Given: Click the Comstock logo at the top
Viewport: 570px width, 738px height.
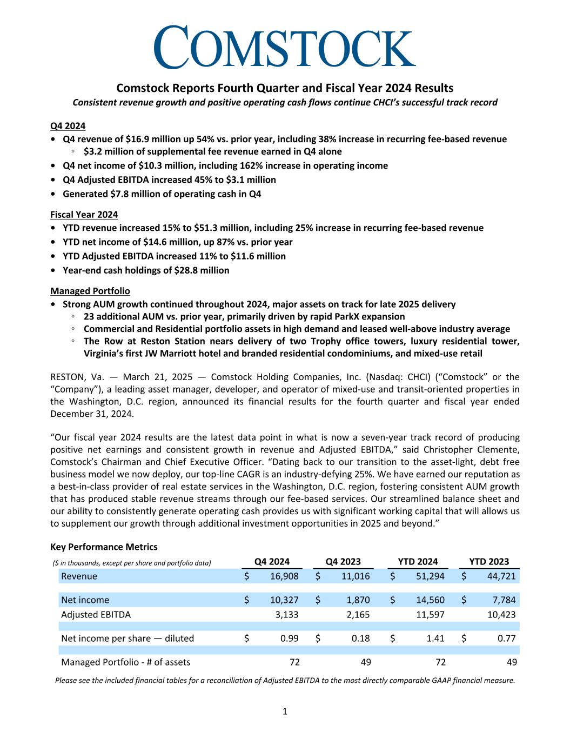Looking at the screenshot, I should tap(285, 48).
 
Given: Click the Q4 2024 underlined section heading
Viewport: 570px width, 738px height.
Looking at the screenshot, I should tap(68, 126).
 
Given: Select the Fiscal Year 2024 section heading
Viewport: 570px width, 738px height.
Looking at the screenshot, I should tap(84, 215).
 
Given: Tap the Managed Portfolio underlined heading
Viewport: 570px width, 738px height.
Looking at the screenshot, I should tap(90, 291).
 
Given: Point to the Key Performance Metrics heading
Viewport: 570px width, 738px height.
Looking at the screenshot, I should tap(104, 547).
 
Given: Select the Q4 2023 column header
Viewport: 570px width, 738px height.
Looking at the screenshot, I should tap(343, 562).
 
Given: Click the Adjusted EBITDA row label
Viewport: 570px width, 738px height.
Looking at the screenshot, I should tap(96, 615).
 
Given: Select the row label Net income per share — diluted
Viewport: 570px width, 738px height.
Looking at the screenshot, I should tap(128, 639).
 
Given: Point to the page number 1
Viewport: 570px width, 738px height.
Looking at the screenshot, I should tap(285, 712).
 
